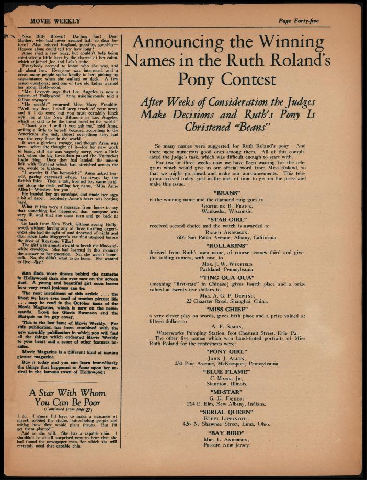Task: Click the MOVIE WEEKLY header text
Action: (55, 21)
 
